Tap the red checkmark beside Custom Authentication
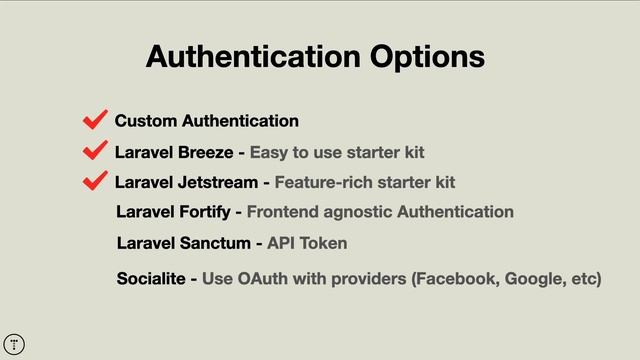[x=96, y=121]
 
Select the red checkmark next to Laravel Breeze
[x=96, y=151]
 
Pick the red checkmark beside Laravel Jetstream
[x=96, y=181]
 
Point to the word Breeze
[x=205, y=152]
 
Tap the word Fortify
[x=202, y=212]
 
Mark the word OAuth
[x=264, y=277]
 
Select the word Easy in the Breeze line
[x=268, y=152]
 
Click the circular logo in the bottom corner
[x=14, y=344]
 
